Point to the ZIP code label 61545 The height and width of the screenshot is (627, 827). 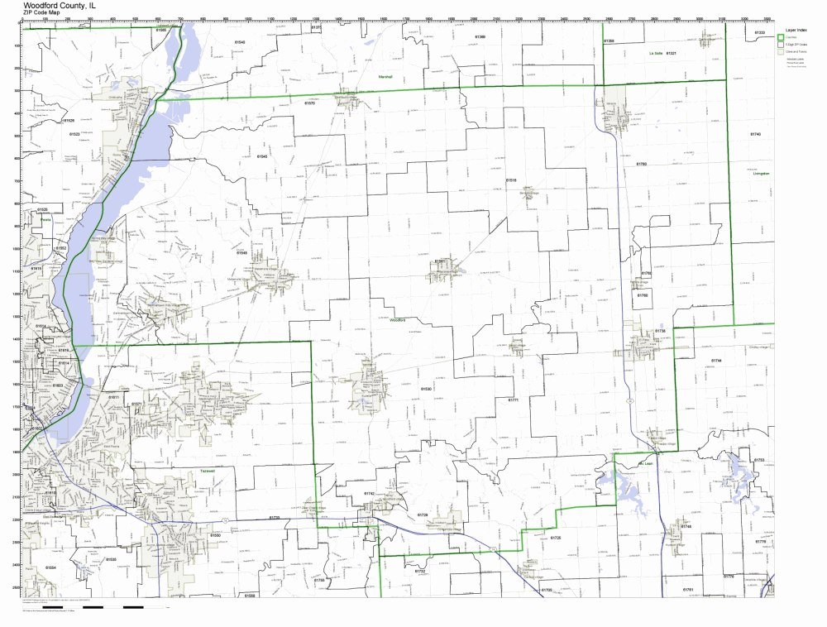click(x=262, y=156)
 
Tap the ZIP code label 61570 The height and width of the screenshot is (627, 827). click(x=309, y=103)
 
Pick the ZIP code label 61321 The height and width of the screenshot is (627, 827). click(x=672, y=54)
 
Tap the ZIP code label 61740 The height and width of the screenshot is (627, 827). click(x=755, y=134)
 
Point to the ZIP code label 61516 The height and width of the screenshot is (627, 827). click(x=511, y=179)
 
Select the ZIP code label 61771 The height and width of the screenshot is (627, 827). click(x=513, y=400)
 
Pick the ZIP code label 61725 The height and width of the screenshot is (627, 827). click(x=556, y=538)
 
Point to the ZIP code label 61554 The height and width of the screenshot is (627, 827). click(x=50, y=567)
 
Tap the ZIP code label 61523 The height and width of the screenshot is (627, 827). click(x=74, y=133)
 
